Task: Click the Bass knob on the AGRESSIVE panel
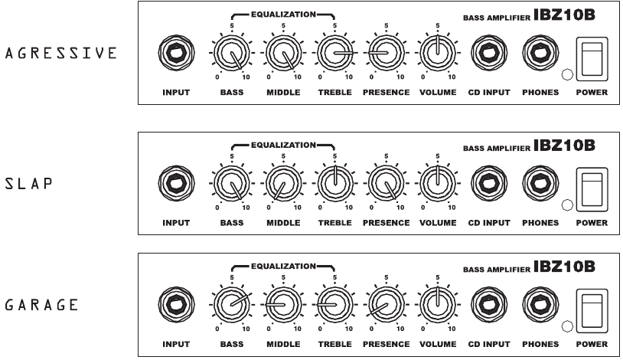coord(232,53)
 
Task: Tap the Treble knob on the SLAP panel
coord(334,183)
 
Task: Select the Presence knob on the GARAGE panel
coord(387,305)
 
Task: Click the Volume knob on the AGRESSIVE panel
coord(438,53)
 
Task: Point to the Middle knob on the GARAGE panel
coord(283,305)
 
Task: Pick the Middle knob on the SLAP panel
coord(283,183)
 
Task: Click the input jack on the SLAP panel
coord(176,183)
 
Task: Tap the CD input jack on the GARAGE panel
coord(489,305)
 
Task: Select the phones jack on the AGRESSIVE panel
coord(540,53)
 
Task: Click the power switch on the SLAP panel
coord(592,189)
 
